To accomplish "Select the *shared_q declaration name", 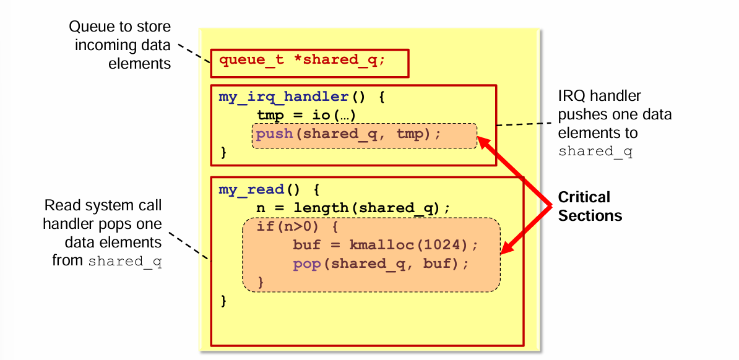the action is pyautogui.click(x=339, y=61).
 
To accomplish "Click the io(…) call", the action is pyautogui.click(x=337, y=116).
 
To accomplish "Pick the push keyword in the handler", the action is pyautogui.click(x=274, y=134).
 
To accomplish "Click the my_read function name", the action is pyautogui.click(x=251, y=189).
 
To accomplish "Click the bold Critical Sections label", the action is pyautogui.click(x=589, y=206).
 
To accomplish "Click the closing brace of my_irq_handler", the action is pyautogui.click(x=223, y=152).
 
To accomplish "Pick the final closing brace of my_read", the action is pyautogui.click(x=223, y=301).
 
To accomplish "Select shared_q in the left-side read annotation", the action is pyautogui.click(x=125, y=261).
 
